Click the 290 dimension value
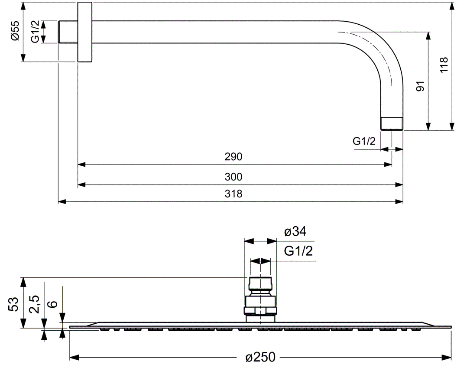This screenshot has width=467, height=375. click(233, 157)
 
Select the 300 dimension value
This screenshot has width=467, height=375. click(233, 177)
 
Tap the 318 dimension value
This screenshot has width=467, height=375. click(233, 194)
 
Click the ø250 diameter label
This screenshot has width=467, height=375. click(260, 357)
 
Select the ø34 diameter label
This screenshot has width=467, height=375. click(295, 232)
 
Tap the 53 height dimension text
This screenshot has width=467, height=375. click(14, 304)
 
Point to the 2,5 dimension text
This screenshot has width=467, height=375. click(35, 304)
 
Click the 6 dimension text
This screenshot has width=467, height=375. click(52, 303)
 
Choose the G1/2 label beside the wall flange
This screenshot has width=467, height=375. click(36, 32)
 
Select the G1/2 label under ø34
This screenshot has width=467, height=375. click(298, 251)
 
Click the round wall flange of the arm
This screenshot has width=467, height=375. click(85, 32)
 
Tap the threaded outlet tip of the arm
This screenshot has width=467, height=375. click(392, 124)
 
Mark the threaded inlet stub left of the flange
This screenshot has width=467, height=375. click(68, 32)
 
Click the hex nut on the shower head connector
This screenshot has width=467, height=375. click(260, 311)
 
